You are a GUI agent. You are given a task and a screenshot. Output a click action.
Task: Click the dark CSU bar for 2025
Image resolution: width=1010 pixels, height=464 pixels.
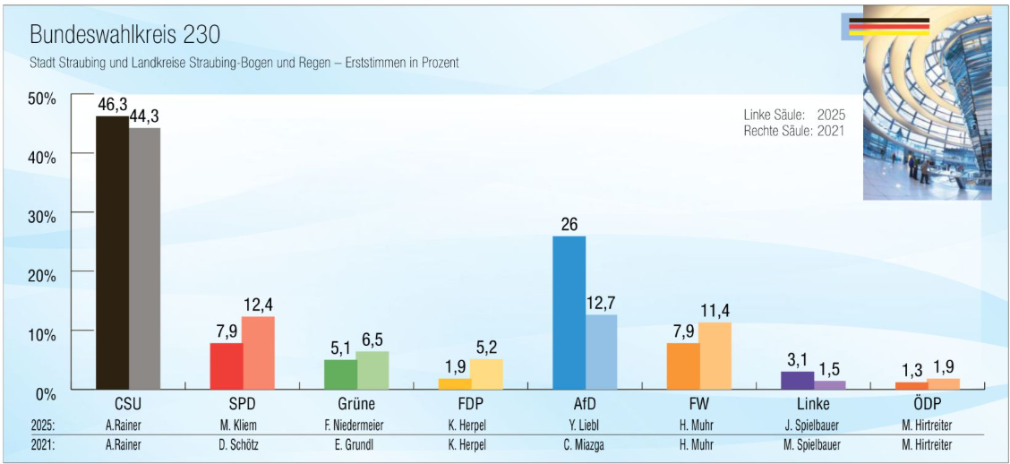pos(113,253)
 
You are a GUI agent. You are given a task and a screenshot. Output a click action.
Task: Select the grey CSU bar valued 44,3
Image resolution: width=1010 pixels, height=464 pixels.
pos(145,258)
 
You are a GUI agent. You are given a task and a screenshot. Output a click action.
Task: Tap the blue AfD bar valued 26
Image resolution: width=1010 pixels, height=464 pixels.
pos(569,313)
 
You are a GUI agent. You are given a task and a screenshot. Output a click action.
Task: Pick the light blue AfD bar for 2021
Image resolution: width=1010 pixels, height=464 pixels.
pos(602,352)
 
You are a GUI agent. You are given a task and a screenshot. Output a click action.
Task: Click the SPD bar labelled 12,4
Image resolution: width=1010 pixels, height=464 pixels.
pos(258,353)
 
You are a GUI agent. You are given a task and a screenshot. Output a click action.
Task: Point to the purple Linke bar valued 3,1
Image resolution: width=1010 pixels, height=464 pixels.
pos(798,380)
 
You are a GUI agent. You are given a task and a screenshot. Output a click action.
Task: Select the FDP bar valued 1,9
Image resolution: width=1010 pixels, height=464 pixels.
pos(455,384)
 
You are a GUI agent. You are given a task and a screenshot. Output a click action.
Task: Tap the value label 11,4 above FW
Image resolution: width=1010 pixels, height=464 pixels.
pos(715,311)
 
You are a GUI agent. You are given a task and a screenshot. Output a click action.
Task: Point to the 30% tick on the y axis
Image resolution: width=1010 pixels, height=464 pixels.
pos(73,212)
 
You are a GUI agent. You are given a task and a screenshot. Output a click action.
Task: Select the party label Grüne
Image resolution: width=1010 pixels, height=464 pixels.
pos(356,406)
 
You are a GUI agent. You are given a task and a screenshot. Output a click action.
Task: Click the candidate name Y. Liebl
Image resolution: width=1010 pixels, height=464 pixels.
pos(585,426)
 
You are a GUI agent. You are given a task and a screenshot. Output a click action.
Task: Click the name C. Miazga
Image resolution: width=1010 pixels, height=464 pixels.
pos(585,445)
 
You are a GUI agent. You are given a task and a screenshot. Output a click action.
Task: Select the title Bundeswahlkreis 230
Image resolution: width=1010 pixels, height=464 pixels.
pos(125,36)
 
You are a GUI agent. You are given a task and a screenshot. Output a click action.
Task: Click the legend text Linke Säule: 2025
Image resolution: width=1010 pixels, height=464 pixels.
pos(794,116)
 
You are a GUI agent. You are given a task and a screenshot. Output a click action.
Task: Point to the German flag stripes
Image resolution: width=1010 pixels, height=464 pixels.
pos(889,26)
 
